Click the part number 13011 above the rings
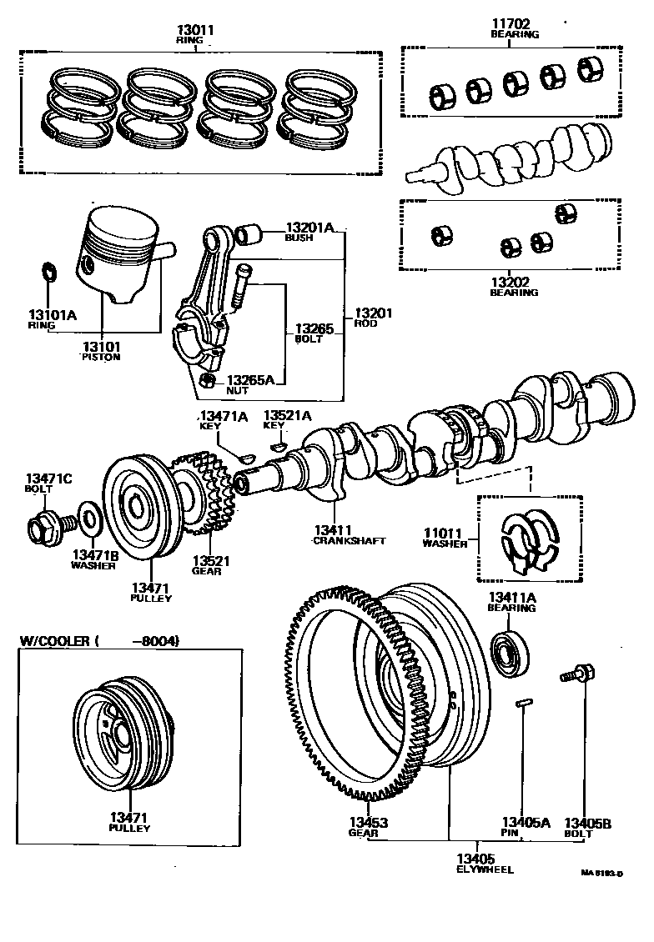[195, 30]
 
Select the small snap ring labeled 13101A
[48, 273]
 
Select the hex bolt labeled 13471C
[47, 526]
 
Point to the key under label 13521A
[279, 446]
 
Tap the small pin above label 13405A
[524, 704]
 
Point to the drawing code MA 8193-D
[605, 874]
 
